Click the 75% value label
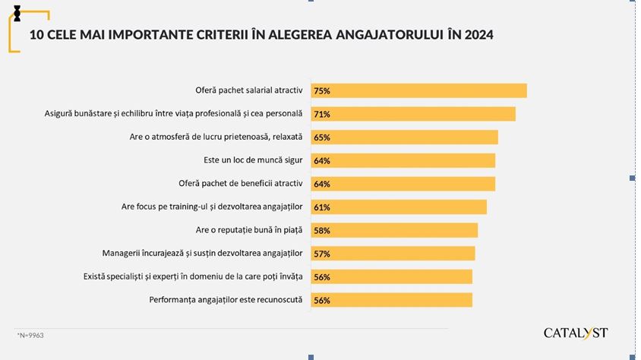(x=321, y=90)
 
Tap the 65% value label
(x=321, y=137)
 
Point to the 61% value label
(x=321, y=207)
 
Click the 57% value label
(x=321, y=254)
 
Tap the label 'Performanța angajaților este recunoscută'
(x=226, y=300)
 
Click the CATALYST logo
(x=576, y=333)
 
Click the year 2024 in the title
(x=477, y=35)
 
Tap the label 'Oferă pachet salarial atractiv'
(x=249, y=90)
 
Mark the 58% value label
(x=321, y=230)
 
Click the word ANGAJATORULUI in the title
(x=386, y=35)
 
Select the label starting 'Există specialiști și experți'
(x=193, y=277)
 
